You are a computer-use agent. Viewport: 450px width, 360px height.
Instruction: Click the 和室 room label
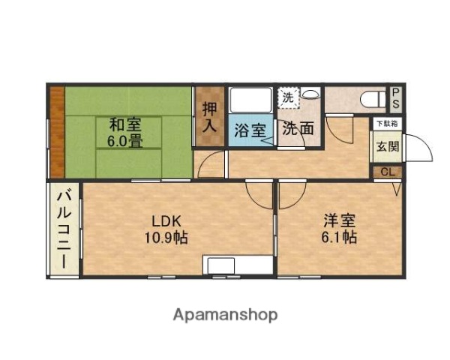[x=124, y=124]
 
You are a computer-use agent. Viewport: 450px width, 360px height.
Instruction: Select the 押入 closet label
[x=209, y=117]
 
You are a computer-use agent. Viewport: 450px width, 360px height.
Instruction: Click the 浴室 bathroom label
[x=248, y=130]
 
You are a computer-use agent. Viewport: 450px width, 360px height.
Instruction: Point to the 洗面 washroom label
[x=297, y=128]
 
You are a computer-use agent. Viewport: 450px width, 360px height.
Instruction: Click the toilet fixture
[x=370, y=99]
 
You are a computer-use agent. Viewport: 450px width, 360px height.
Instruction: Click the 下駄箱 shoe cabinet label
[x=387, y=123]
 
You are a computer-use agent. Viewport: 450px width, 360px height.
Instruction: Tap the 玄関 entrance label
[x=387, y=146]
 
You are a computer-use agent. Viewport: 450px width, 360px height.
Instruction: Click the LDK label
[x=166, y=222]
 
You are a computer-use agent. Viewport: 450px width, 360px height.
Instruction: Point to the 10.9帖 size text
[x=166, y=238]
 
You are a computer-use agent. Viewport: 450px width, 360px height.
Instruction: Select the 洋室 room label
[x=339, y=222]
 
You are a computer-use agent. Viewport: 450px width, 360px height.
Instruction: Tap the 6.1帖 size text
[x=339, y=238]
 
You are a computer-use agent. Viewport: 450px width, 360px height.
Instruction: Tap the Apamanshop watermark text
[x=225, y=314]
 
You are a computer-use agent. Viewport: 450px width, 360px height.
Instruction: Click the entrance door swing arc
[x=420, y=147]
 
